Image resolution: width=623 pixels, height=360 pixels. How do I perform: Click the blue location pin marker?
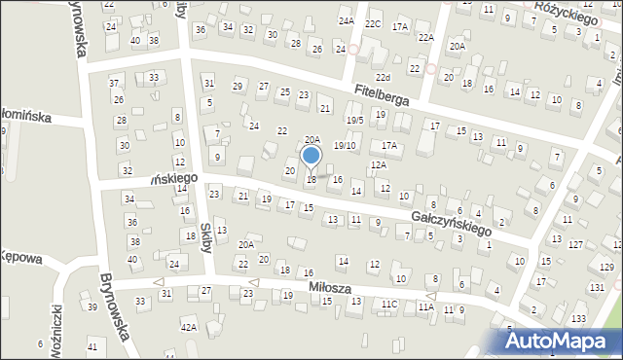pos(311,158)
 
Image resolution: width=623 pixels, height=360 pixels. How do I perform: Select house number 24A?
pos(346,20)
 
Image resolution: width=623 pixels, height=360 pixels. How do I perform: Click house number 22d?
pos(384,77)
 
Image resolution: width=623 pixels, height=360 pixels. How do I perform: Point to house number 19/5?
pos(355,120)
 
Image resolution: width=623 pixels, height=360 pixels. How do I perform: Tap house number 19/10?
pos(345,145)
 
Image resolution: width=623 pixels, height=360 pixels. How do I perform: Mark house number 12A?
pos(379,165)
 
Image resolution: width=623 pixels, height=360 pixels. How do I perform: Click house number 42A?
pos(188,328)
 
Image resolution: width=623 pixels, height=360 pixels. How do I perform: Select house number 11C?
pos(389,305)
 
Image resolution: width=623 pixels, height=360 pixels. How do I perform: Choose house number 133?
pos(578,319)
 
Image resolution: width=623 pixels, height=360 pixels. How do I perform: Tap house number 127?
pos(576,244)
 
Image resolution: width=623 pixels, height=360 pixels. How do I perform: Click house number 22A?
pos(425,37)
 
